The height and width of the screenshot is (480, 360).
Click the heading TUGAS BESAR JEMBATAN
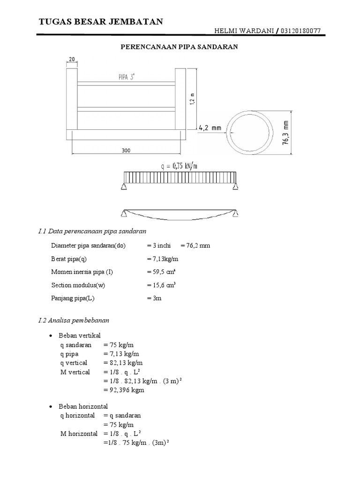click(100, 22)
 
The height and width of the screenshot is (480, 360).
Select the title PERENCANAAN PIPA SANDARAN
click(180, 47)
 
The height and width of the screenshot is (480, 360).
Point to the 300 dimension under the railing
click(126, 150)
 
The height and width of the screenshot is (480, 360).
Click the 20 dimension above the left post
click(72, 59)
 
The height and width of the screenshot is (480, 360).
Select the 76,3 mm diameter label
click(286, 134)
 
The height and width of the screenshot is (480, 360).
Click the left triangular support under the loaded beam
click(124, 187)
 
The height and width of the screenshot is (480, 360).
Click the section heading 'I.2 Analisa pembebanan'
click(74, 321)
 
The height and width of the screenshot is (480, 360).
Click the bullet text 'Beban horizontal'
click(83, 406)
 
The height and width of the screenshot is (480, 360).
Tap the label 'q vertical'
click(74, 362)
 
